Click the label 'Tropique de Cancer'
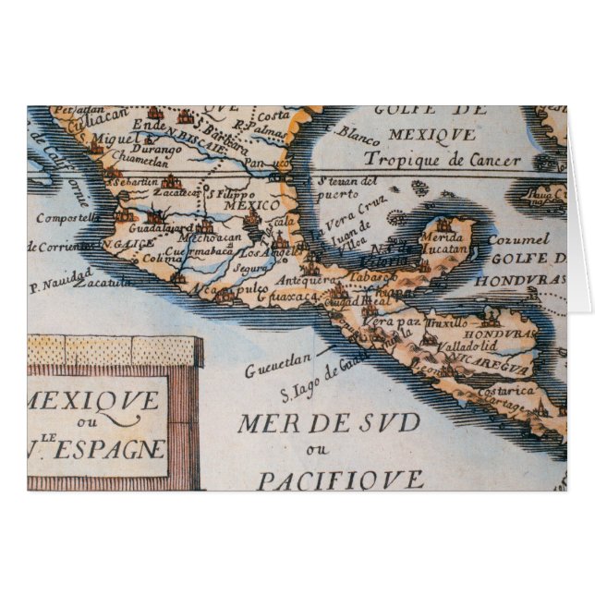click(456, 159)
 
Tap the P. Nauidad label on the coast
click(59, 273)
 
